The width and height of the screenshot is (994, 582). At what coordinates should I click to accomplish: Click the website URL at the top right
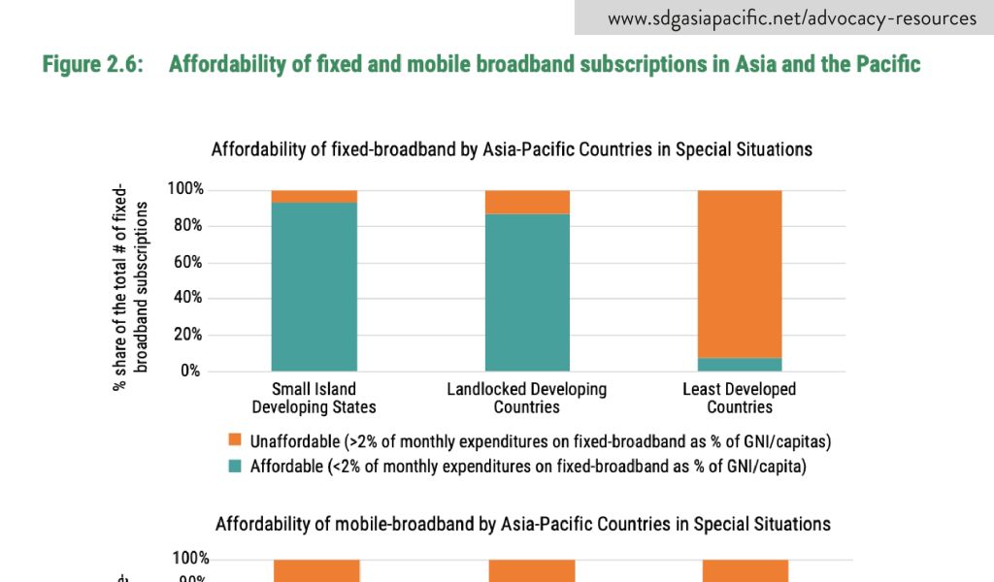(792, 17)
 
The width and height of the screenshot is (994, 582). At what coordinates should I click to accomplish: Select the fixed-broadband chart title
(512, 149)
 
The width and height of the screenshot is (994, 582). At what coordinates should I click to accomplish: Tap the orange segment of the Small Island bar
(314, 196)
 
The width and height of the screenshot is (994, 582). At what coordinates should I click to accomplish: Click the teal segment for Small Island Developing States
(314, 286)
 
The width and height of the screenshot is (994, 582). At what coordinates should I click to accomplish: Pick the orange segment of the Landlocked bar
(527, 202)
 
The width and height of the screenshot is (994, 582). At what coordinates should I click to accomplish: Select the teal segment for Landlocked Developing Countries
(527, 292)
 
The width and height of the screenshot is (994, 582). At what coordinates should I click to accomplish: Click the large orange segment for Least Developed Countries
(740, 274)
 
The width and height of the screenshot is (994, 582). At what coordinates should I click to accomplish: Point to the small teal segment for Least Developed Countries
(740, 365)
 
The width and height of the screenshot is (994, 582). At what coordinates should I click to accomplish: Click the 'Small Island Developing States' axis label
(314, 398)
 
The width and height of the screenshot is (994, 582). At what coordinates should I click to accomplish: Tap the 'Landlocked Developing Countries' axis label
(527, 398)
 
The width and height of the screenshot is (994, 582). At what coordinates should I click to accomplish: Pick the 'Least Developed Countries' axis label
(740, 398)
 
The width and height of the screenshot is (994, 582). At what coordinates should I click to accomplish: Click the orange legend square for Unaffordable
(234, 440)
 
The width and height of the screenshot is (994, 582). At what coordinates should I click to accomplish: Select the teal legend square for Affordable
(234, 466)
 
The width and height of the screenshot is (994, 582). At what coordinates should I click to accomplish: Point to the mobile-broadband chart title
(523, 524)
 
